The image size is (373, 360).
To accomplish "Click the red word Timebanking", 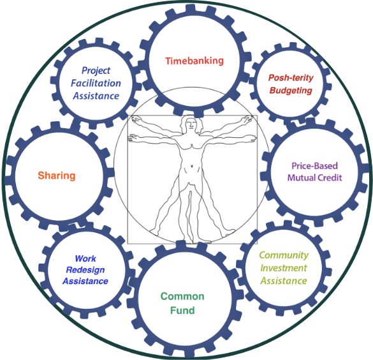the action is pyautogui.click(x=194, y=61).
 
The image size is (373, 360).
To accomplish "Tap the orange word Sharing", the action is pyautogui.click(x=57, y=176).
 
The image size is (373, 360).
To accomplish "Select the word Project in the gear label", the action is pyautogui.click(x=96, y=70).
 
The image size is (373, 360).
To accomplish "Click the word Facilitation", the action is pyautogui.click(x=96, y=83).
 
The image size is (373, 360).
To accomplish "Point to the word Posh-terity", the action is pyautogui.click(x=291, y=78).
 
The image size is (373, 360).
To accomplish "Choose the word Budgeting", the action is pyautogui.click(x=291, y=91).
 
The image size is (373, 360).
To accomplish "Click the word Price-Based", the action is pyautogui.click(x=315, y=166).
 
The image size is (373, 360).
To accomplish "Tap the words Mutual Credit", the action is pyautogui.click(x=315, y=177).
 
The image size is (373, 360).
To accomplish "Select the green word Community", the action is pyautogui.click(x=284, y=255).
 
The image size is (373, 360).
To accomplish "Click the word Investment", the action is pyautogui.click(x=284, y=268).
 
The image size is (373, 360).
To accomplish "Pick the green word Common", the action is pyautogui.click(x=182, y=296).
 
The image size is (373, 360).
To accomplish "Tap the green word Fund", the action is pyautogui.click(x=182, y=310).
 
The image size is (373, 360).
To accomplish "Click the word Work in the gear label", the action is pyautogui.click(x=85, y=259).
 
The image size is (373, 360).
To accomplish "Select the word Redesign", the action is pyautogui.click(x=85, y=270).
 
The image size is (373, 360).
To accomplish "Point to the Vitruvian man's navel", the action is pyautogui.click(x=192, y=166).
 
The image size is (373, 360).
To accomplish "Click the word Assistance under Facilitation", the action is pyautogui.click(x=96, y=96).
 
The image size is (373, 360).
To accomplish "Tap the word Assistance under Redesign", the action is pyautogui.click(x=85, y=281).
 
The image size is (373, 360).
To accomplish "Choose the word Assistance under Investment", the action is pyautogui.click(x=284, y=281).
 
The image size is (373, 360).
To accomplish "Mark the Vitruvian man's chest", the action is pyautogui.click(x=191, y=146).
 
